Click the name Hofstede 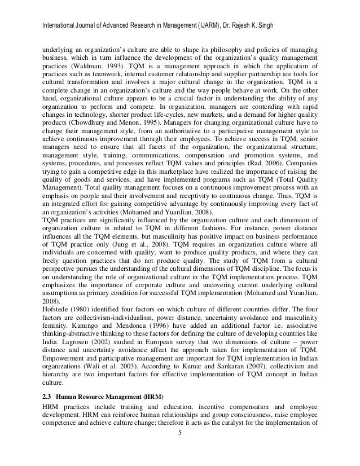(x=54, y=324)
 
